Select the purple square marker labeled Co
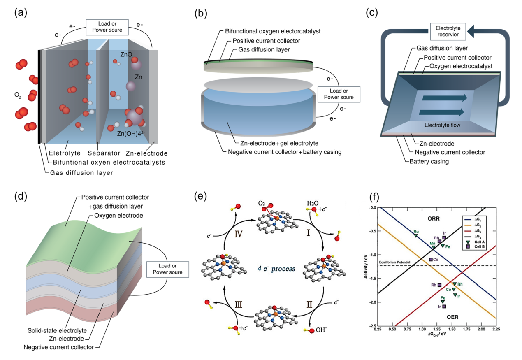(431, 260)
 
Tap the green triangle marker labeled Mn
(433, 247)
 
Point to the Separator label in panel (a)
(101, 153)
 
